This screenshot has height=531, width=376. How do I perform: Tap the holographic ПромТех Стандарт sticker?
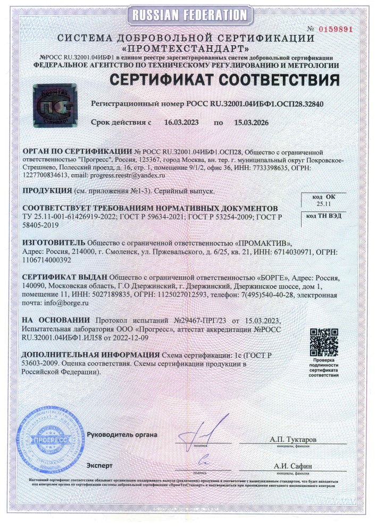(x=53, y=102)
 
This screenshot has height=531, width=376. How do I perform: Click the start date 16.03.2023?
(x=181, y=123)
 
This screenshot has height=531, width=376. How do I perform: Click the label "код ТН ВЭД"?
(x=323, y=216)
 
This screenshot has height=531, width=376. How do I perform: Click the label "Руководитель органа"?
(x=122, y=434)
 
